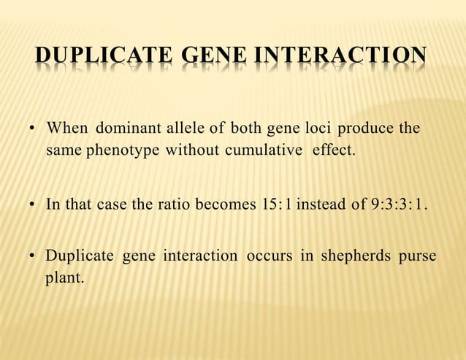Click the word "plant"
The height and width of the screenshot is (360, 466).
pos(64,280)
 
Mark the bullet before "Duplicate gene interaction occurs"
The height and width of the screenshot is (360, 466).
pos(33,257)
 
